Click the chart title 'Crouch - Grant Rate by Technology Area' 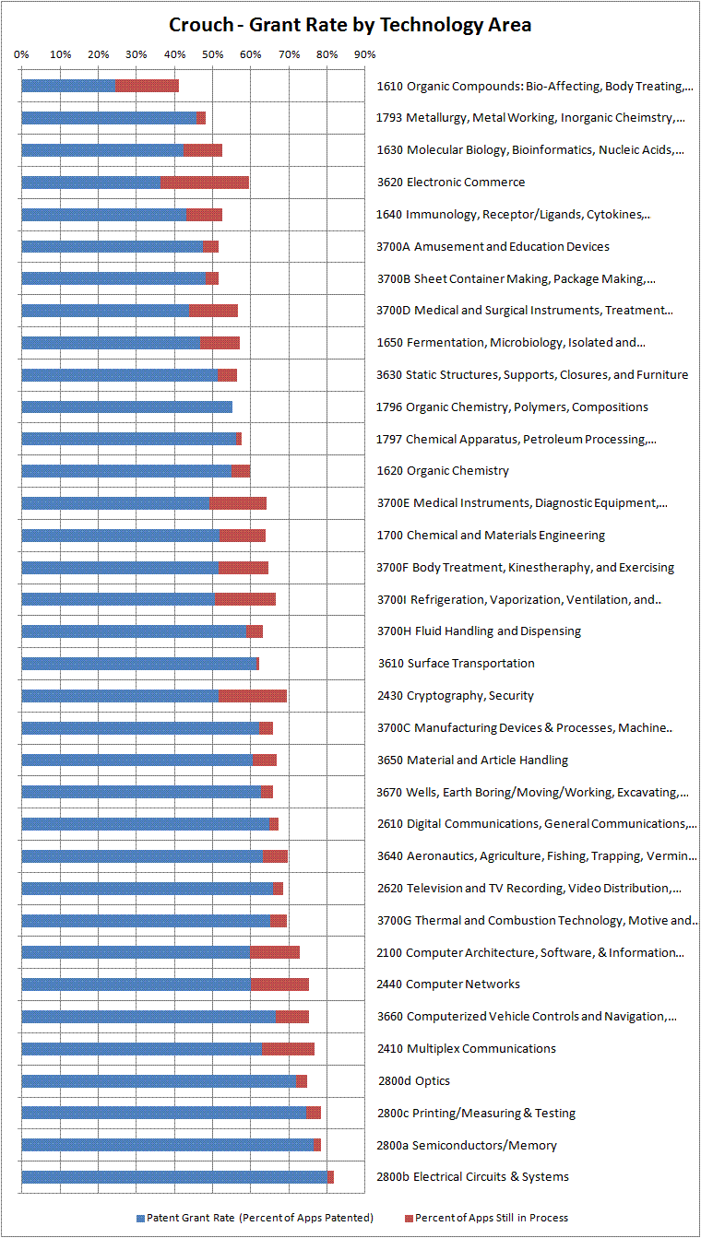coord(350,25)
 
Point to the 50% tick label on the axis coord(212,54)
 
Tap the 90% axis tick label coord(364,54)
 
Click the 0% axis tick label coord(21,54)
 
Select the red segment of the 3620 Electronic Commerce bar coord(204,183)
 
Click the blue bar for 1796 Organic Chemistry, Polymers coord(126,407)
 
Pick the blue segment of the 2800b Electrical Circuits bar coord(174,1176)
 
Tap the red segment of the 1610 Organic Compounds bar coord(147,86)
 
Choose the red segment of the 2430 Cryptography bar coord(253,695)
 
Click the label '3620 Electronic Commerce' coord(451,183)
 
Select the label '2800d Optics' coord(414,1080)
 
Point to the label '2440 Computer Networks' coord(448,985)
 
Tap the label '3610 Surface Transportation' coord(456,664)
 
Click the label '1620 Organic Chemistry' coord(443,471)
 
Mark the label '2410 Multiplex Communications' coord(467,1048)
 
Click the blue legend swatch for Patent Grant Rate coord(141,1218)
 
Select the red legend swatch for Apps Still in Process coord(409,1218)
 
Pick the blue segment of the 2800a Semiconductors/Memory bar coord(167,1145)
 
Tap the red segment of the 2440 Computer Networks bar coord(279,985)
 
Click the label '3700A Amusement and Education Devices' coord(493,246)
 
